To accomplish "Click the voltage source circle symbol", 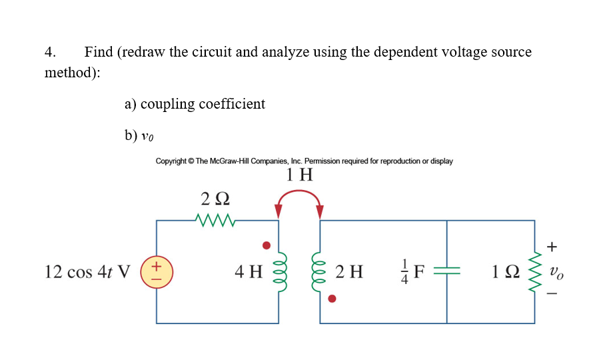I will [157, 272].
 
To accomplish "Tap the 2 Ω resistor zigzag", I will [215, 220].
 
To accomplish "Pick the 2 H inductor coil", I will [320, 272].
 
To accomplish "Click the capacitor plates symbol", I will [446, 272].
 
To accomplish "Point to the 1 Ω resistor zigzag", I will [534, 272].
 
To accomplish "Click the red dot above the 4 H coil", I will [267, 245].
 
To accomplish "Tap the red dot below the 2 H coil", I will [332, 299].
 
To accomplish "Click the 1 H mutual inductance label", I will [299, 175].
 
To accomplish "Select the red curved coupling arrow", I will [299, 194].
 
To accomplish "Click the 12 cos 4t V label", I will [87, 272].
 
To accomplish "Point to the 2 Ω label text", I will [215, 199].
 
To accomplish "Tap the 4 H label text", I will [249, 272].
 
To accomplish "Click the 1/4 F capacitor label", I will [413, 272].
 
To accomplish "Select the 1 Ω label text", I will [503, 272].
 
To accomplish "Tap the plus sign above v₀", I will [552, 247].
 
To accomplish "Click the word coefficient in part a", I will [232, 104].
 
